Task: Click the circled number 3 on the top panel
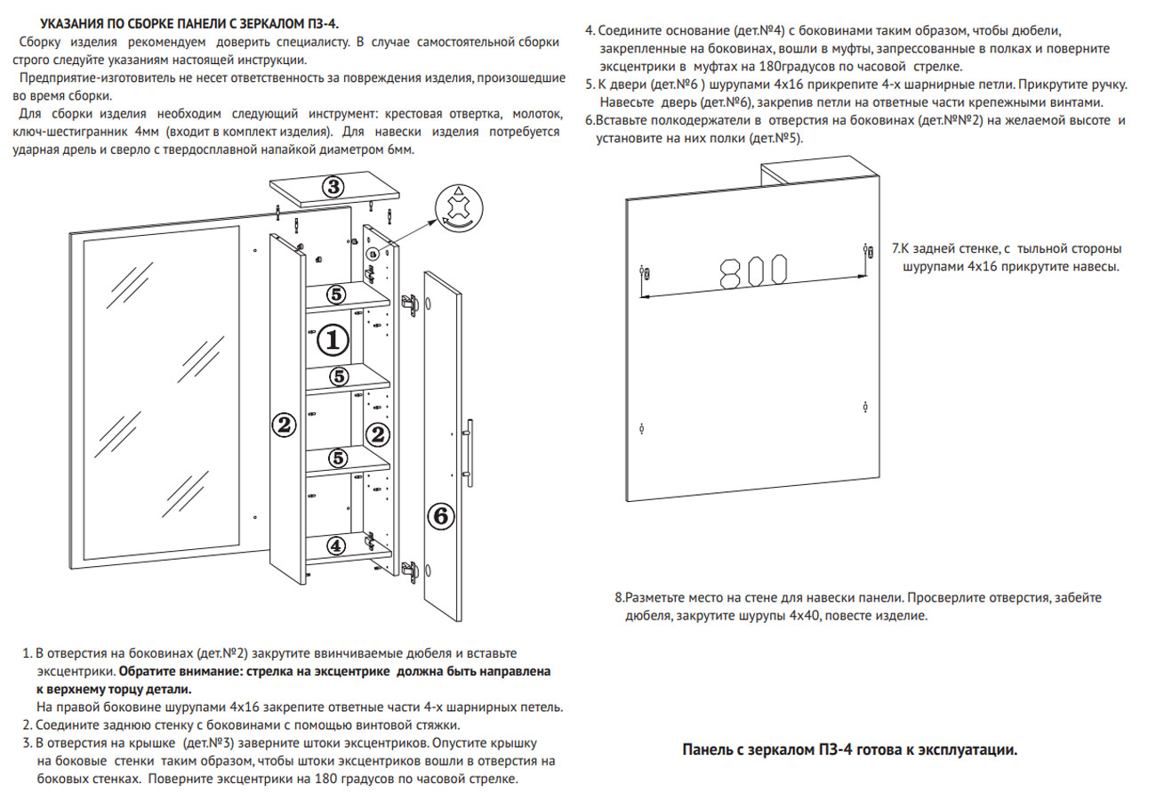point(332,187)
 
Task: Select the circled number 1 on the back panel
point(332,339)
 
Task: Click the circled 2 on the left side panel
point(284,425)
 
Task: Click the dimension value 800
point(752,271)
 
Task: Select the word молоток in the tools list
point(536,115)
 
